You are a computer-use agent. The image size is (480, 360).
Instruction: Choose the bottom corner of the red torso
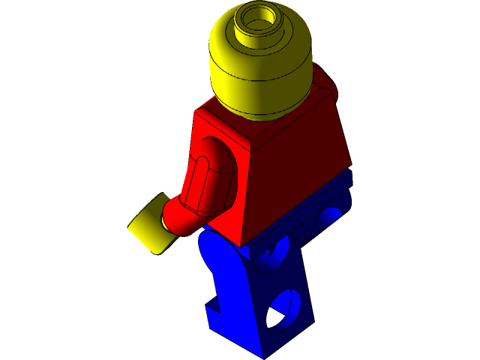point(241,244)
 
